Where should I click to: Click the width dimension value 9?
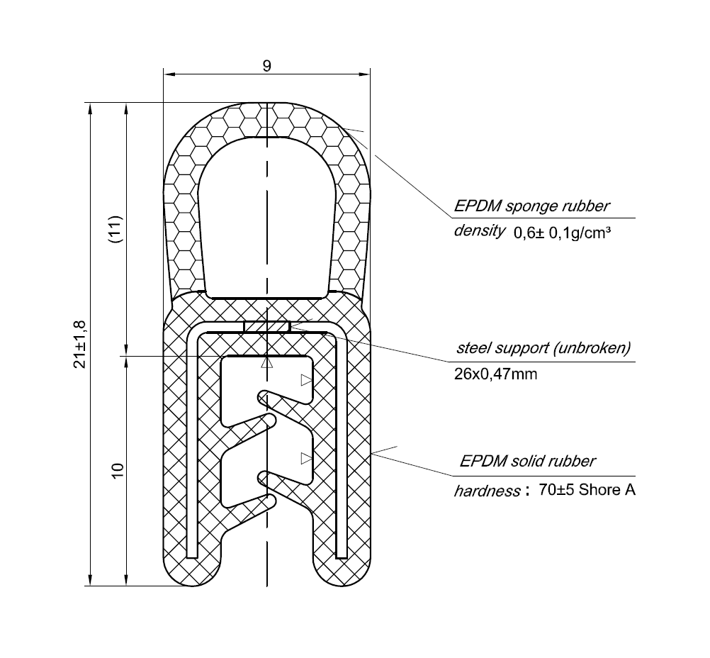(266, 66)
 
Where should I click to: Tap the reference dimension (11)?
(117, 229)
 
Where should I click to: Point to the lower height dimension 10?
(117, 470)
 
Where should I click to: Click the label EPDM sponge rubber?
(531, 206)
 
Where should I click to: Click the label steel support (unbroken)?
(543, 349)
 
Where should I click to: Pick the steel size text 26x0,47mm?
(495, 374)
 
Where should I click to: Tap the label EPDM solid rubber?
(527, 462)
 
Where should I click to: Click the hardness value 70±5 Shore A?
(587, 490)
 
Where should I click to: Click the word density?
(479, 231)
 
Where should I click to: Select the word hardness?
(486, 491)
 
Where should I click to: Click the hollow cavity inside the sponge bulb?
(265, 220)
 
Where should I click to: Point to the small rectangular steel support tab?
(266, 327)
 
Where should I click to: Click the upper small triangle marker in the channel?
(306, 381)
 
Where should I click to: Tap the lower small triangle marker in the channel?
(306, 458)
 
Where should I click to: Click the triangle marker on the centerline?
(266, 363)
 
